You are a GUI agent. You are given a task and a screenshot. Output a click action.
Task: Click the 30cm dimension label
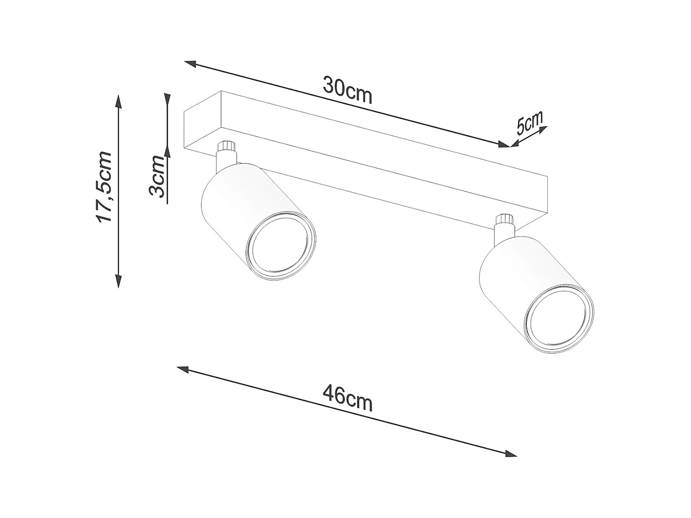pos(347,90)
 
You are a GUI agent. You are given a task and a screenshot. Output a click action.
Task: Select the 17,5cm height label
pos(105,187)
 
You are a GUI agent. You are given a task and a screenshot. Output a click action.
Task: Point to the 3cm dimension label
pos(157,176)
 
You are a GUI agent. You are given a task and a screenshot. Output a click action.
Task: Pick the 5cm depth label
pos(529,124)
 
